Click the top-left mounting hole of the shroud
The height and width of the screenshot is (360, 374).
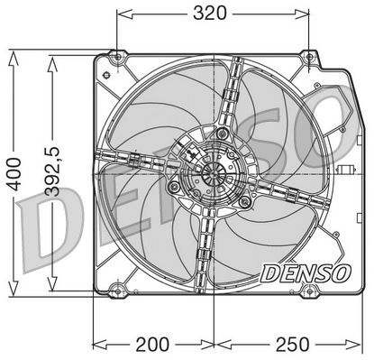point(116,59)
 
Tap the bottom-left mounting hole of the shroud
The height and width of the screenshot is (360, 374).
point(114,291)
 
